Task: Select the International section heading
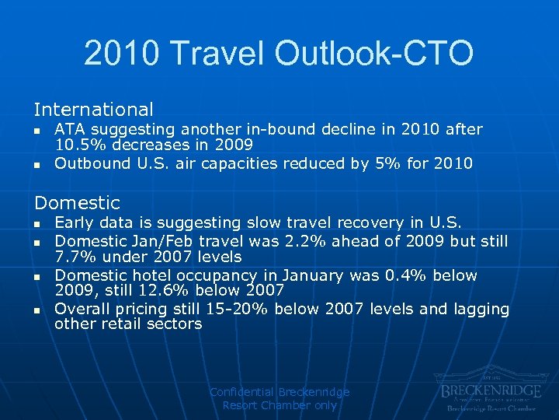[x=93, y=110]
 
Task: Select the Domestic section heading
[x=77, y=203]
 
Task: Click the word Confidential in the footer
[x=241, y=392]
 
